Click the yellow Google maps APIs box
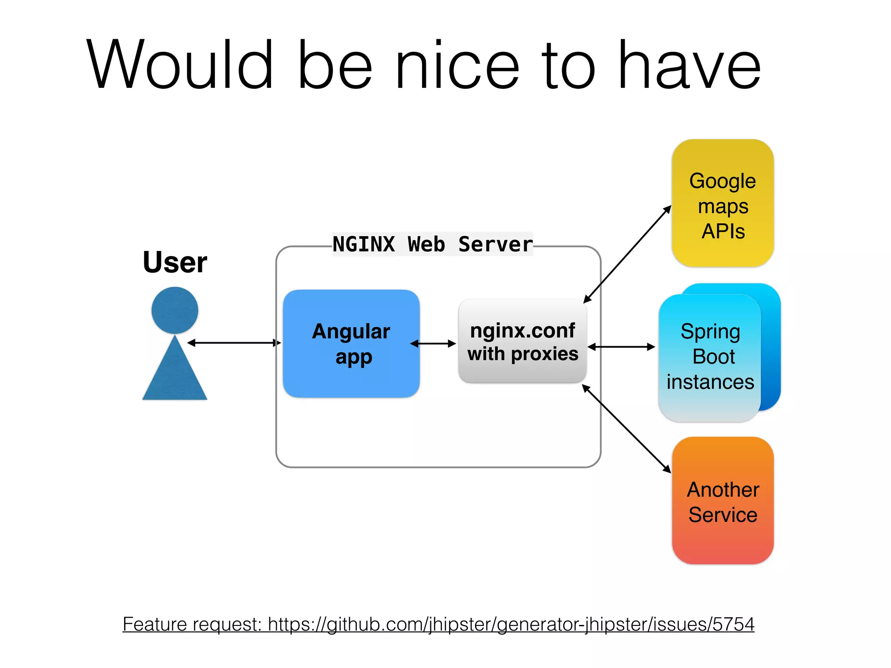pyautogui.click(x=723, y=203)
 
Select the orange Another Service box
pyautogui.click(x=723, y=501)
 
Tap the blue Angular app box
pyautogui.click(x=351, y=344)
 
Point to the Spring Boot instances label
pyautogui.click(x=710, y=357)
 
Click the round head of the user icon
pyautogui.click(x=175, y=310)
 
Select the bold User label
pyautogui.click(x=175, y=262)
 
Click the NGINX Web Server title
pyautogui.click(x=432, y=244)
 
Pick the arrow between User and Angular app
pyautogui.click(x=234, y=343)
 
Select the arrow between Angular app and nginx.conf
pyautogui.click(x=433, y=344)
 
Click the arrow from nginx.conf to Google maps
pyautogui.click(x=627, y=254)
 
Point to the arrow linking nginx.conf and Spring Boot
pyautogui.click(x=621, y=347)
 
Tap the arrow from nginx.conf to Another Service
pyautogui.click(x=626, y=429)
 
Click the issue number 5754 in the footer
pyautogui.click(x=733, y=624)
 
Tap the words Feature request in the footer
pyautogui.click(x=191, y=625)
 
